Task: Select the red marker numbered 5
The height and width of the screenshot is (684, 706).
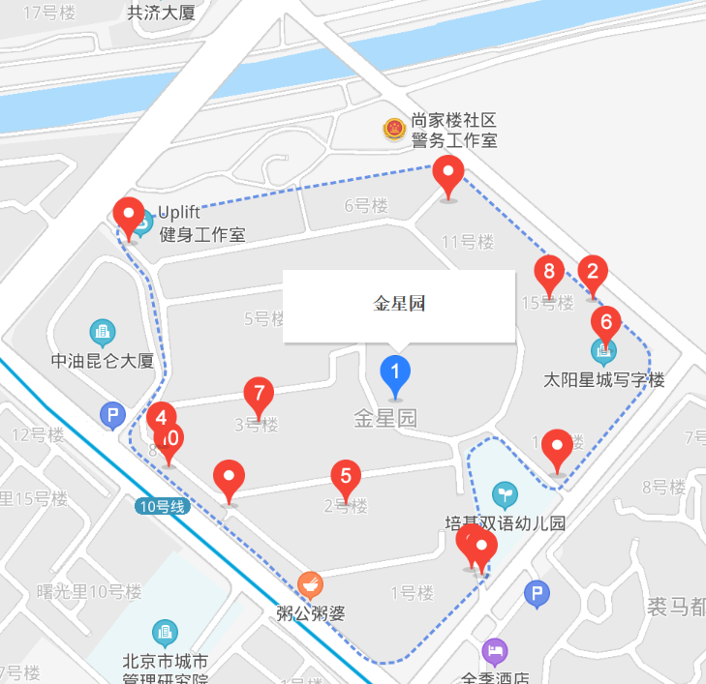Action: (346, 476)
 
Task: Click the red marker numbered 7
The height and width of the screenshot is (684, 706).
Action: (259, 395)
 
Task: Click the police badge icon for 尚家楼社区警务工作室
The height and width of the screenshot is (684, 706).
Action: (394, 129)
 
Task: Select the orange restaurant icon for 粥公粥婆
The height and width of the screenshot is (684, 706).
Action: (310, 584)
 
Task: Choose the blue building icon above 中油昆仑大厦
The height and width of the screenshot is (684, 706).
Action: (102, 333)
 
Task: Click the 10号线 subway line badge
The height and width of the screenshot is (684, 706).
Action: (160, 505)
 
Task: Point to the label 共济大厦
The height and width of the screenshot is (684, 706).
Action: (162, 13)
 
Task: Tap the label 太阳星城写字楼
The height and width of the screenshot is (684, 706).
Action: (604, 380)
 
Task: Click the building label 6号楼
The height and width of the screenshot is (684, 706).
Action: (366, 205)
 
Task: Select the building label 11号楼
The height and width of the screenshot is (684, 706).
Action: (469, 241)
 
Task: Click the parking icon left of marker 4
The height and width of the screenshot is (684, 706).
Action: (113, 417)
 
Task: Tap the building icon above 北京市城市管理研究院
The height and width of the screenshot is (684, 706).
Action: (165, 634)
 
